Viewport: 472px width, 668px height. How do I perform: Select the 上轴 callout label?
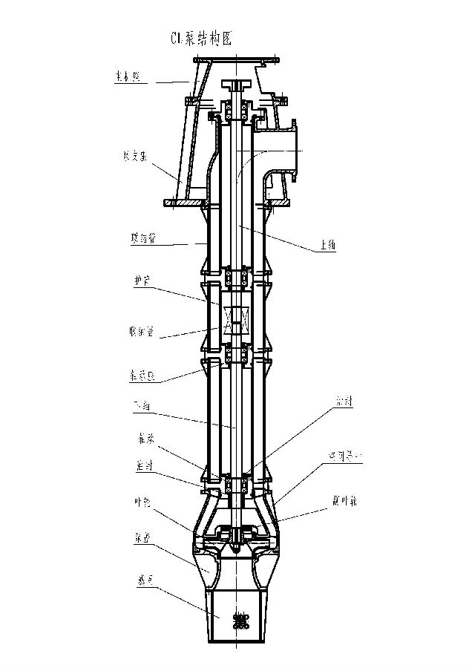[x=325, y=246]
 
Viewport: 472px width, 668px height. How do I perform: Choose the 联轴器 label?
[x=140, y=332]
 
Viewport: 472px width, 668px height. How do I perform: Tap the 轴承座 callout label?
[x=139, y=376]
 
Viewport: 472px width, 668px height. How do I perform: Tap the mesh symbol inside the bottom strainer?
[x=239, y=620]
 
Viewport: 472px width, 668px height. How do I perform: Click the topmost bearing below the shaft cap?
[x=237, y=113]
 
